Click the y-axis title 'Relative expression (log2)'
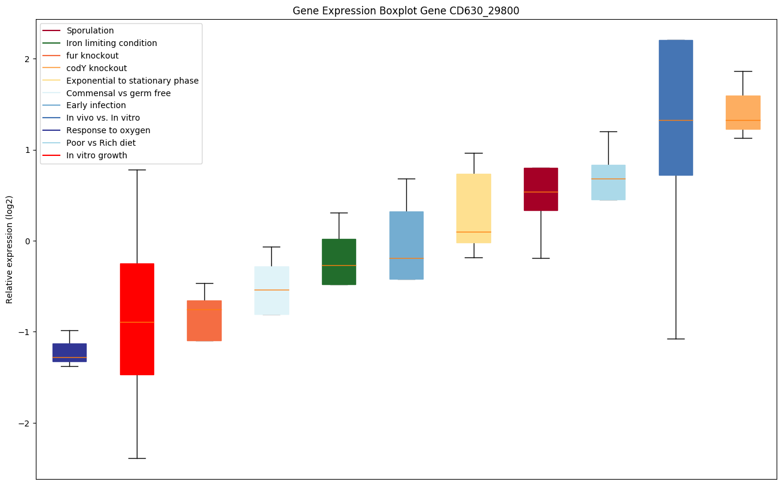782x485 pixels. [10, 249]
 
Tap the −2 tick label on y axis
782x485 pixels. [25, 423]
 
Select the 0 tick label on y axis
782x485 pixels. [27, 241]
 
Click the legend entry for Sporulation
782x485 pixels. [90, 30]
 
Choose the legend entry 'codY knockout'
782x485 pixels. [97, 68]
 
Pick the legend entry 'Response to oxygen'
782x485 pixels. [108, 130]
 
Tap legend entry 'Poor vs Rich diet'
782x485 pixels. [101, 143]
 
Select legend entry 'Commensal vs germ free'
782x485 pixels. [118, 93]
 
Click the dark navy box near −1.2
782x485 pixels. [69, 352]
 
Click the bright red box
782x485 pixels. [137, 319]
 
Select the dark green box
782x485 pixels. [339, 262]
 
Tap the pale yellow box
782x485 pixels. [474, 208]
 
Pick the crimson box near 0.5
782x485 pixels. [541, 189]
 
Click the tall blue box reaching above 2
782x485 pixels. [676, 108]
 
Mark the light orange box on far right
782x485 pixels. [743, 112]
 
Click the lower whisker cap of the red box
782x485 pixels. [137, 458]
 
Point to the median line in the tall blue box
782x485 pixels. [676, 120]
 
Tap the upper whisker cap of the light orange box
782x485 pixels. [743, 71]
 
